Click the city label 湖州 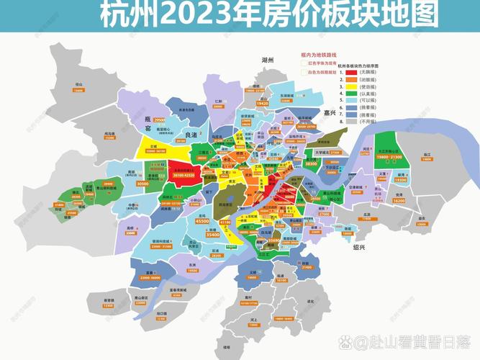pyautogui.click(x=268, y=60)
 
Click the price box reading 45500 pyautogui.click(x=203, y=221)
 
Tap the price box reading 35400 pyautogui.click(x=213, y=235)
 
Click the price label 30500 pyautogui.click(x=142, y=184)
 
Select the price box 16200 pyautogui.click(x=399, y=202)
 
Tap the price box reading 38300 pyautogui.click(x=312, y=165)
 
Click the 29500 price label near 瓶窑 pyautogui.click(x=159, y=119)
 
